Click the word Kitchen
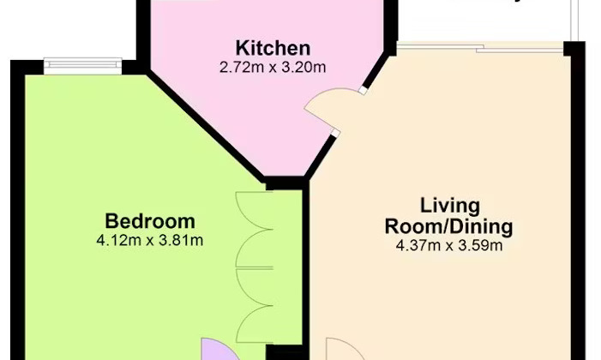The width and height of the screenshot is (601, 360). click(x=273, y=48)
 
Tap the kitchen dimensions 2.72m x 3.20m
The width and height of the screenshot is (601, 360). click(x=273, y=66)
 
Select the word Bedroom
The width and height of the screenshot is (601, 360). click(x=150, y=221)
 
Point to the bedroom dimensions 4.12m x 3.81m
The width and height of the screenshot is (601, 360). click(x=150, y=240)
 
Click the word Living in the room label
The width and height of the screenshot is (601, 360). click(x=449, y=207)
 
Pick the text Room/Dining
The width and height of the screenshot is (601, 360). click(x=449, y=227)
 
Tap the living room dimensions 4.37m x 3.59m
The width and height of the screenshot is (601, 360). click(x=449, y=246)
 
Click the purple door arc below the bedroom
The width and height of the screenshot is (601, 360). click(x=213, y=349)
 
